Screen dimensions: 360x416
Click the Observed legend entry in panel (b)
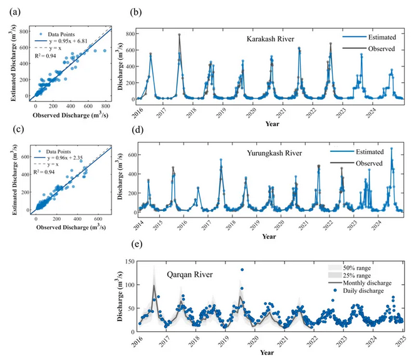tap(370, 48)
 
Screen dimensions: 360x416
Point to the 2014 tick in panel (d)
tap(137, 224)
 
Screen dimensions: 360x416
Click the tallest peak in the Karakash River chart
tap(179, 35)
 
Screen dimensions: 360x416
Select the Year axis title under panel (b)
tap(268, 124)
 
